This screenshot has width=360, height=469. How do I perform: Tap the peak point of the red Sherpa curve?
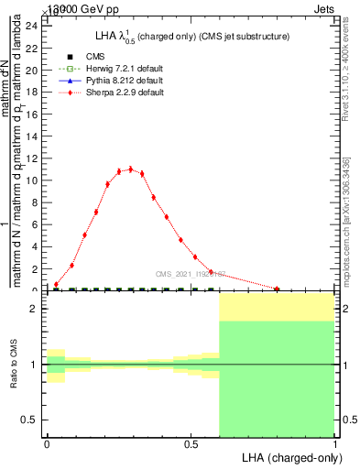(131, 169)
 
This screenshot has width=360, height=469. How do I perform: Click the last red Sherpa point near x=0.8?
(277, 289)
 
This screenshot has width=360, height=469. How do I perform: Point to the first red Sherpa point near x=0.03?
(56, 284)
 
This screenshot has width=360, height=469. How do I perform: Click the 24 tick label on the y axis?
(30, 26)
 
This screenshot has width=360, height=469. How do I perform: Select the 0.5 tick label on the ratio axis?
(28, 420)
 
